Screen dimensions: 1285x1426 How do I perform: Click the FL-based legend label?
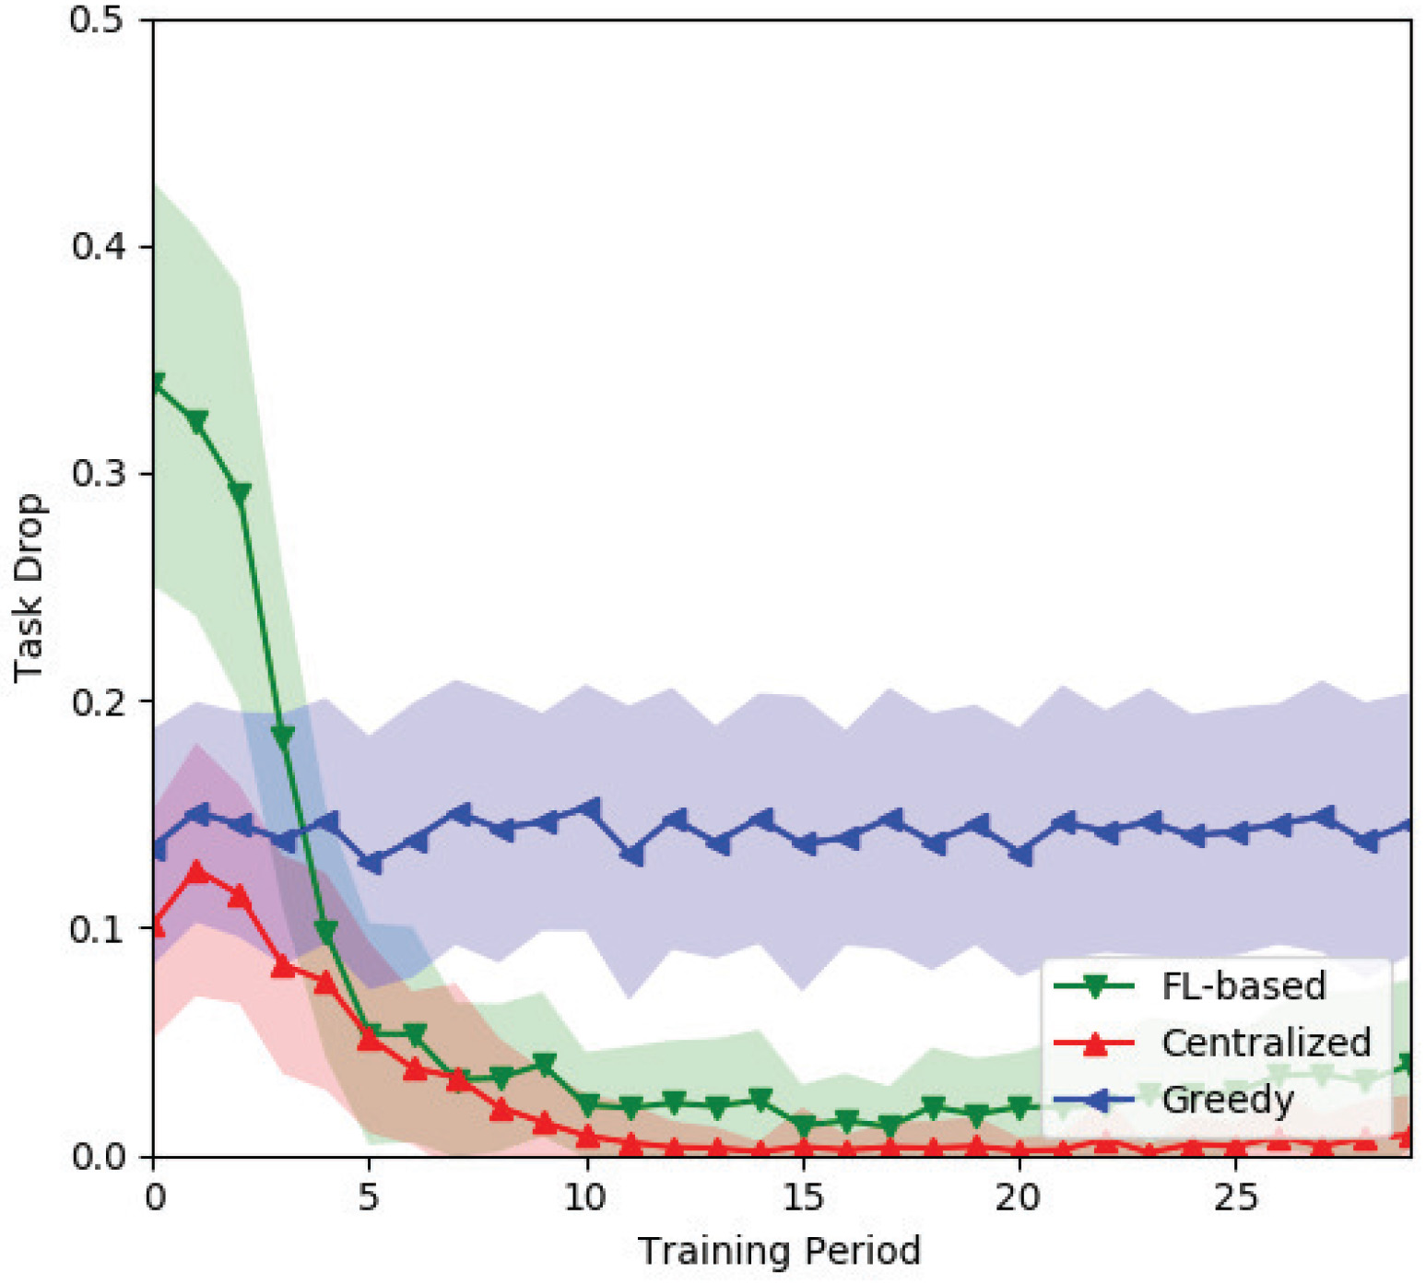point(1243,986)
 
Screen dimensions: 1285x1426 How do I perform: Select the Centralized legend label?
point(1266,1043)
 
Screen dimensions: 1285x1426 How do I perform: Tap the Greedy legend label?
point(1227,1099)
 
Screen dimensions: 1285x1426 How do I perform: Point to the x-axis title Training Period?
point(779,1251)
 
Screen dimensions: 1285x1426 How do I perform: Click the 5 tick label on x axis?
point(369,1197)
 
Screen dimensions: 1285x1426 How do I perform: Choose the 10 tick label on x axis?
point(585,1197)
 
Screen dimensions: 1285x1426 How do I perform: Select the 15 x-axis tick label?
point(802,1197)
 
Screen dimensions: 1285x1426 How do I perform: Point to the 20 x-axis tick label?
point(1019,1197)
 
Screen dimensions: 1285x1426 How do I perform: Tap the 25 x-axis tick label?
point(1235,1197)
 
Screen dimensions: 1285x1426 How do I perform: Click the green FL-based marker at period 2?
point(241,494)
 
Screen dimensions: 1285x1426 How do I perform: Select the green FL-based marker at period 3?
point(283,736)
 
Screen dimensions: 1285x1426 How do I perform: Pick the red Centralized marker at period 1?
point(196,871)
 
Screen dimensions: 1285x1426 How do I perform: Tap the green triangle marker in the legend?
point(1094,987)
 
